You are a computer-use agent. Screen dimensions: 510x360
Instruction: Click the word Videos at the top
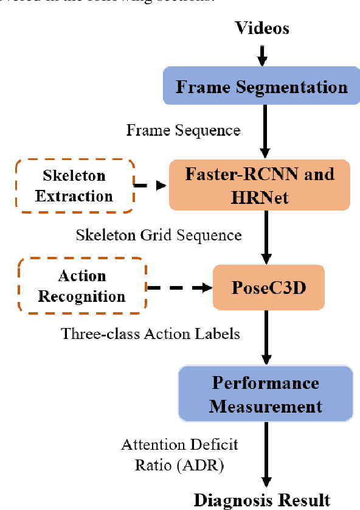tap(262, 27)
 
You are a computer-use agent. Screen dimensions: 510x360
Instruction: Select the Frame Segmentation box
tap(261, 86)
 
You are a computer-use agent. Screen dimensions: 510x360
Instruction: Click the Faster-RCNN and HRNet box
tap(259, 186)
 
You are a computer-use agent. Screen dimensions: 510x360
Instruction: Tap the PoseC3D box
tap(268, 287)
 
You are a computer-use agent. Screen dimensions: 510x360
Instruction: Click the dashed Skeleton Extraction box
tap(74, 186)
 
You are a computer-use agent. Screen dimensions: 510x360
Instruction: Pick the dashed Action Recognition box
tap(82, 287)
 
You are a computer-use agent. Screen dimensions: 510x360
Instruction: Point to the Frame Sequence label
tap(183, 130)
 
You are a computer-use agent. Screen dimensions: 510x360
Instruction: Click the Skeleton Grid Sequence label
tap(159, 235)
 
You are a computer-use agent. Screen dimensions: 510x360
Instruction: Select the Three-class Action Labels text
tap(150, 334)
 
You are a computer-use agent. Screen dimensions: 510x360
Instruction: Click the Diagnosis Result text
tap(262, 500)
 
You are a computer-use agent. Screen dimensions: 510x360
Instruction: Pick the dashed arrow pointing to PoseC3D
tap(179, 287)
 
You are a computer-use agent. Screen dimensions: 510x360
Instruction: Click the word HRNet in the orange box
tap(259, 198)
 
